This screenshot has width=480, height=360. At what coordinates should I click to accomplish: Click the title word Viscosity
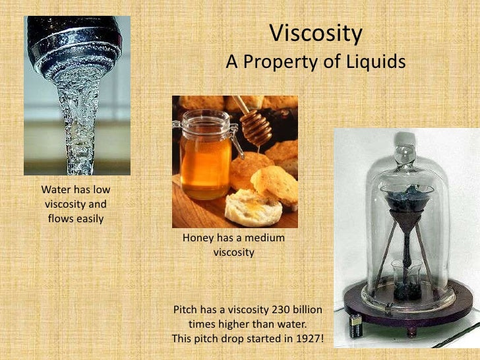[316, 33]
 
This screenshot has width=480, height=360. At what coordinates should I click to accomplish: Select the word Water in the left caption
[56, 191]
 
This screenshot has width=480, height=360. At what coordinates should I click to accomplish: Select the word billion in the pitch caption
[306, 310]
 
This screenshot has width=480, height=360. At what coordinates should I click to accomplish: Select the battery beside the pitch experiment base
[357, 325]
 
